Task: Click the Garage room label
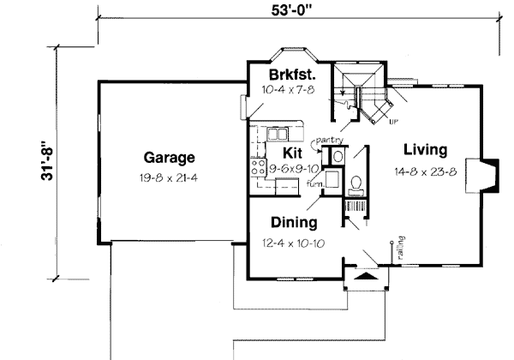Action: (170, 158)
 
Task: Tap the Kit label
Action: (293, 152)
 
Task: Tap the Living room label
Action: (425, 151)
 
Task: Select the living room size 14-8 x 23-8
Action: (425, 171)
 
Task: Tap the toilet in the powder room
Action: (356, 183)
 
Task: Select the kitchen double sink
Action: (278, 134)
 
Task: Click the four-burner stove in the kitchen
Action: (256, 170)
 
